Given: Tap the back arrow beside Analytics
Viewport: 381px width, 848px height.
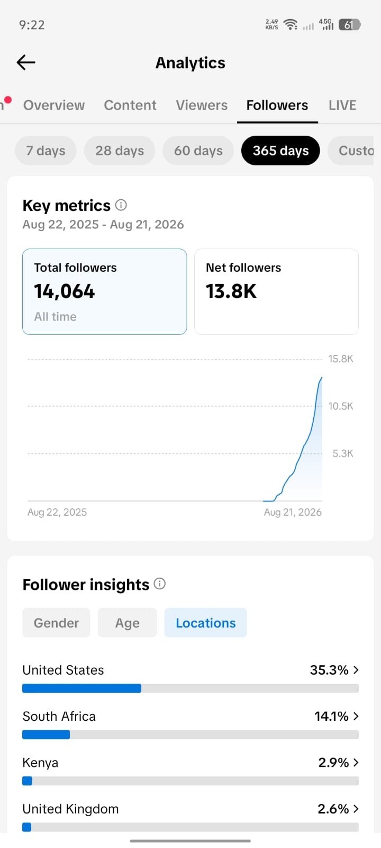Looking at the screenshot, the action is (26, 63).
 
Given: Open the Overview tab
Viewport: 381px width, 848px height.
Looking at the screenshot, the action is (54, 105).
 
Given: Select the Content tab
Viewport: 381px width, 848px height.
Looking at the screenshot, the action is (130, 105).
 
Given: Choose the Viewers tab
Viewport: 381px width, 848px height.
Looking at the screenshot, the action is (202, 105).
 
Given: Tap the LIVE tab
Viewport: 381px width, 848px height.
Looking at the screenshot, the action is (342, 105).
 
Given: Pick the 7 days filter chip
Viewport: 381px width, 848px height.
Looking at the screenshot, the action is (46, 151).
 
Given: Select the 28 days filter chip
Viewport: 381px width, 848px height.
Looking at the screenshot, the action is (120, 151).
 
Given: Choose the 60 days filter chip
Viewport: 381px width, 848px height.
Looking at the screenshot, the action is (198, 151).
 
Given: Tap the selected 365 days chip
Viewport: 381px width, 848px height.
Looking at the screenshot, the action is (280, 151).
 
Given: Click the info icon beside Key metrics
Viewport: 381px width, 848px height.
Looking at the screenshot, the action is (121, 205).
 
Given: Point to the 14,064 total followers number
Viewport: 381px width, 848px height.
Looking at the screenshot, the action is (65, 291).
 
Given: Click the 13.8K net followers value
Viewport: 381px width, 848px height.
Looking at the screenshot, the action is (231, 291).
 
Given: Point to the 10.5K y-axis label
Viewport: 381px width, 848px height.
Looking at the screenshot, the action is (341, 406).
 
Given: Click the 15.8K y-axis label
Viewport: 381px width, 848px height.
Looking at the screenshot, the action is (341, 359).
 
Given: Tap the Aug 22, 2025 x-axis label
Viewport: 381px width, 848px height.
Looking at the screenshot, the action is (57, 512).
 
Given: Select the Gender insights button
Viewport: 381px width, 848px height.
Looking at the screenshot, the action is (56, 623).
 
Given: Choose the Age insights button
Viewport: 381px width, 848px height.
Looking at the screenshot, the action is (128, 623).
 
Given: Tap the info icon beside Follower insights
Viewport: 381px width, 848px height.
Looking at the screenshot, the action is (160, 584).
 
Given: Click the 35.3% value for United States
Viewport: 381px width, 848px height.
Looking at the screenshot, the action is (329, 670).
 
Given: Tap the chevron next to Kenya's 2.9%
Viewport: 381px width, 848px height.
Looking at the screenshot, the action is (356, 763).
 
